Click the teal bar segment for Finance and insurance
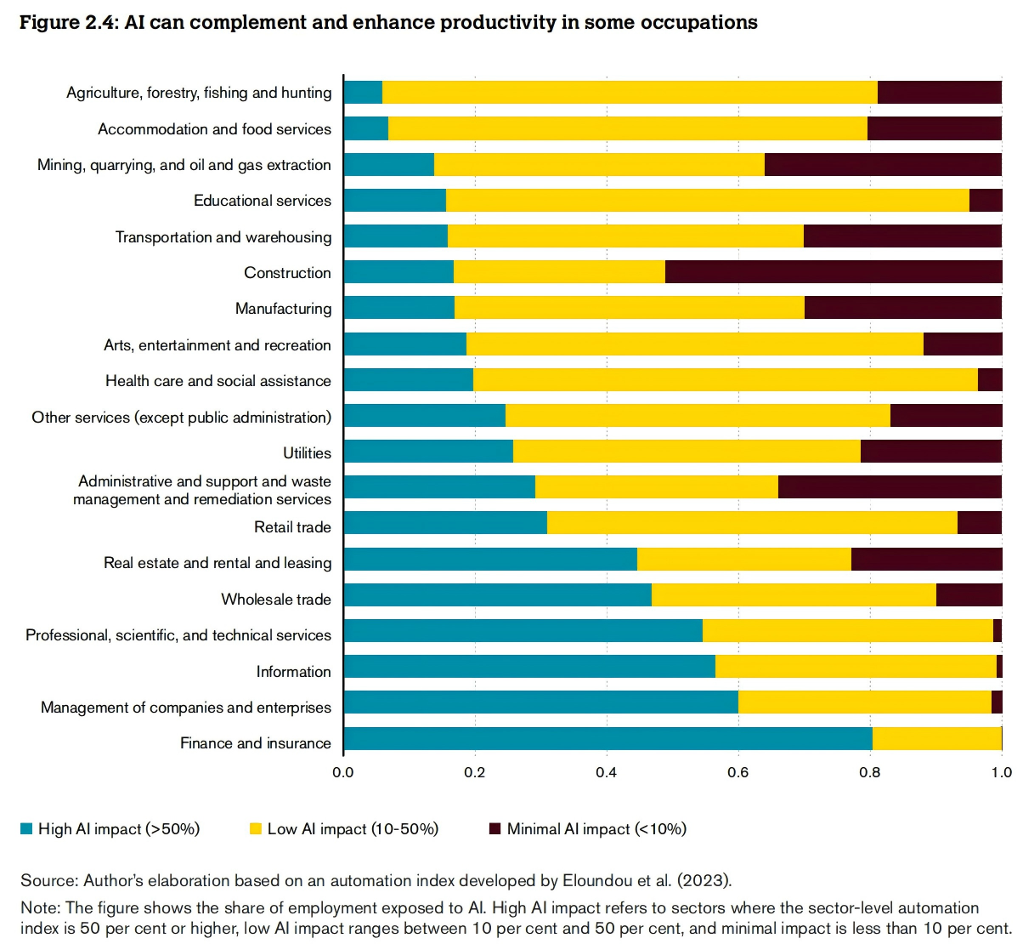click(x=608, y=739)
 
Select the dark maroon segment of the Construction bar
click(x=834, y=272)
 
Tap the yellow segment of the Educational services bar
click(x=707, y=201)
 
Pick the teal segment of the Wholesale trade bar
click(x=497, y=595)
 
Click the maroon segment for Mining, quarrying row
click(x=883, y=165)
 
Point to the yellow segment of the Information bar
click(x=856, y=667)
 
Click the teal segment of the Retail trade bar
click(x=445, y=523)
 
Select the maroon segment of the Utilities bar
click(x=931, y=452)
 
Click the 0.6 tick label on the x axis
click(x=738, y=772)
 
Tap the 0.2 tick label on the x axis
click(x=475, y=772)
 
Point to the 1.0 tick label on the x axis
click(x=1002, y=772)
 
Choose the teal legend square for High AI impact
click(x=26, y=829)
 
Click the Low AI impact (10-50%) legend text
click(x=353, y=829)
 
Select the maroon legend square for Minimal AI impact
click(x=495, y=829)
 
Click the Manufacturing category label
click(x=283, y=309)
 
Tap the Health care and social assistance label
click(x=218, y=381)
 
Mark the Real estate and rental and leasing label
click(x=218, y=563)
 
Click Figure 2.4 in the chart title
click(x=68, y=23)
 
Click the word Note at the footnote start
click(x=37, y=908)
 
